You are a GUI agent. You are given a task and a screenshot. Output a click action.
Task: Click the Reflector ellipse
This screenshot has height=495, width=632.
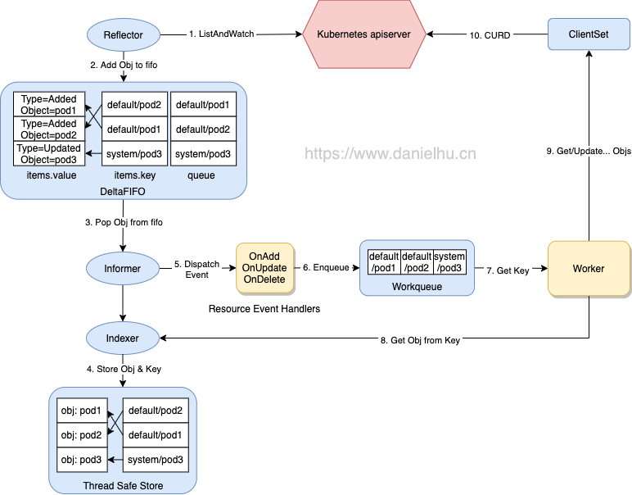tap(123, 34)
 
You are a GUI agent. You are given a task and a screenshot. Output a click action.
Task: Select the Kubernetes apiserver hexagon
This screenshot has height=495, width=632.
tap(363, 34)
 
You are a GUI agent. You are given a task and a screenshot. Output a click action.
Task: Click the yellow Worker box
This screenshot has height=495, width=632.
tap(588, 268)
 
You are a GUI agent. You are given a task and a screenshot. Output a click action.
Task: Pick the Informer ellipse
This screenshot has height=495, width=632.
tap(123, 268)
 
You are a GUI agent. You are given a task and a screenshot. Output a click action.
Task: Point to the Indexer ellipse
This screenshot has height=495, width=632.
tap(123, 337)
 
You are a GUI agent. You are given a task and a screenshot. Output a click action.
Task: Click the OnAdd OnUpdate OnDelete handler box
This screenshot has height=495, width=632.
tap(264, 268)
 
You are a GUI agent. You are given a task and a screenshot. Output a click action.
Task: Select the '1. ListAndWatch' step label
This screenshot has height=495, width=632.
tap(221, 34)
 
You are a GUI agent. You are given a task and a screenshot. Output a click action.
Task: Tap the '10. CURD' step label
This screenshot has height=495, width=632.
tap(490, 34)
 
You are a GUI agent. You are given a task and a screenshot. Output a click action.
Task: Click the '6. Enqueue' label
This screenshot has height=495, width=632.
tap(327, 267)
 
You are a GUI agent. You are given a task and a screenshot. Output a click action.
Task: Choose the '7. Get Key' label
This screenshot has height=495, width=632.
tap(507, 270)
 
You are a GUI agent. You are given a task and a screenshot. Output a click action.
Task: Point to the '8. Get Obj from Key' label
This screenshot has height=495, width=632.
tap(422, 340)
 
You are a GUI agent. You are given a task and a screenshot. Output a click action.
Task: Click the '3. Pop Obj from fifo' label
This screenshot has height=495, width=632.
tap(129, 222)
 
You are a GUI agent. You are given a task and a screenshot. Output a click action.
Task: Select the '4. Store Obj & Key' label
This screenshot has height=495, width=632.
tap(123, 369)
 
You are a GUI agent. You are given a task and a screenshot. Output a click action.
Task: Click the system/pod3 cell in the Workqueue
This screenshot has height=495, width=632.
tap(449, 262)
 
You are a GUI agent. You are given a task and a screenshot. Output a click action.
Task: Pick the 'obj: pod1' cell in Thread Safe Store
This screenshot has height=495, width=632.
tap(80, 410)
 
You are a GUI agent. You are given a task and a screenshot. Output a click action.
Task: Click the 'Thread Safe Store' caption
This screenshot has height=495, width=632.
tap(123, 485)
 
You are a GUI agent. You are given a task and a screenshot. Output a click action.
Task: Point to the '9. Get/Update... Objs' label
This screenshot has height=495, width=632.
tap(588, 152)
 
